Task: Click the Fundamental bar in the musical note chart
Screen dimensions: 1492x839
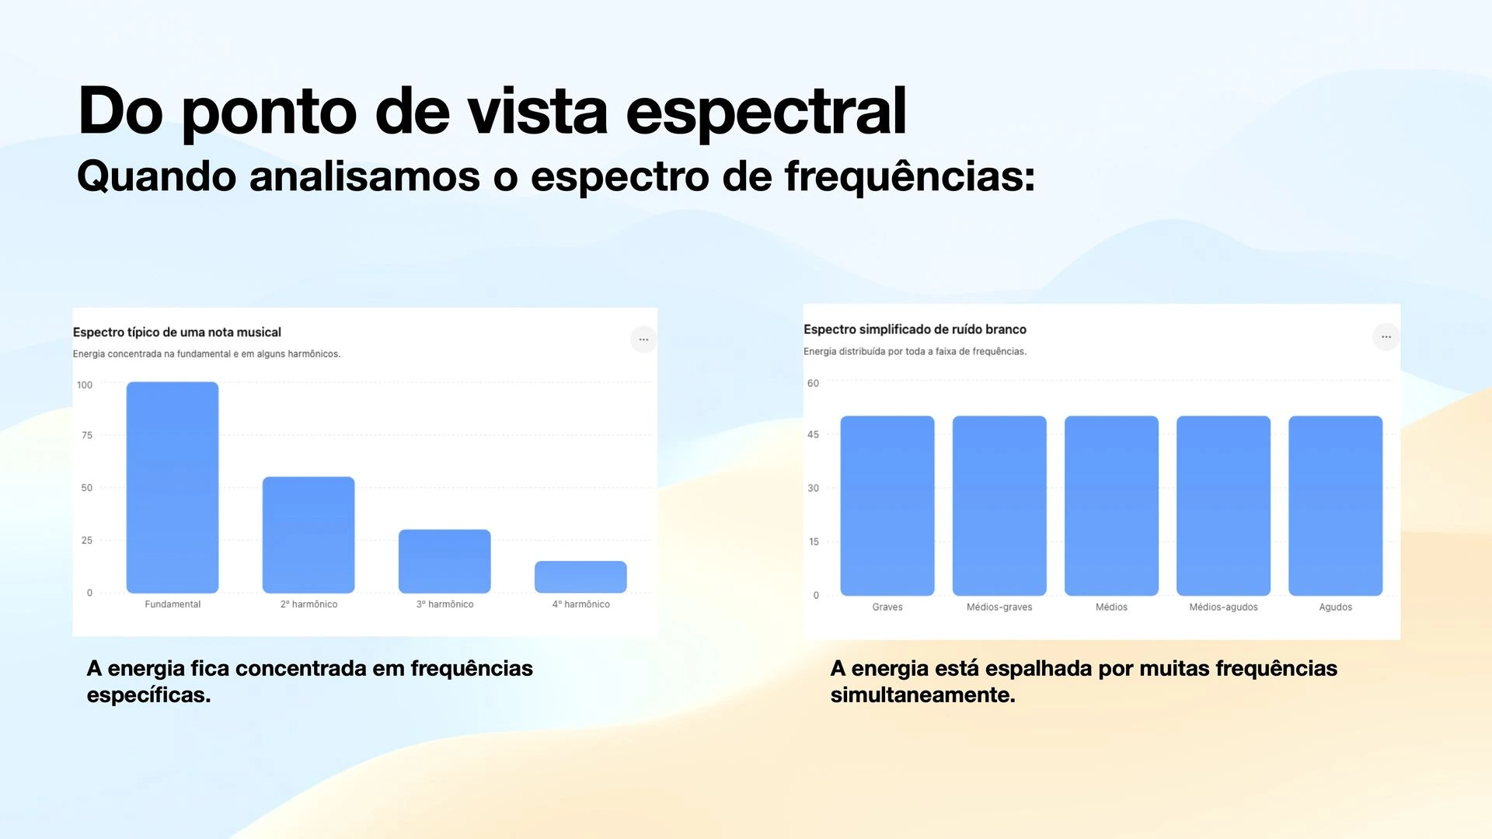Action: point(173,487)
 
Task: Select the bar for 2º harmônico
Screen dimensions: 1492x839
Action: point(309,535)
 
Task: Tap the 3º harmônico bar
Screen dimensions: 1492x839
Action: point(444,562)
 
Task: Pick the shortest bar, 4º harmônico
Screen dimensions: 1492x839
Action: point(580,577)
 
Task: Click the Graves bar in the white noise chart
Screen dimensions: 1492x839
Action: point(887,506)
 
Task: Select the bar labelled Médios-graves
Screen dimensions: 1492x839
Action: point(999,506)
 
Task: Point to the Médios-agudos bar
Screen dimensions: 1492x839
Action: point(1223,506)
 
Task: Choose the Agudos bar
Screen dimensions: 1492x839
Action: point(1336,506)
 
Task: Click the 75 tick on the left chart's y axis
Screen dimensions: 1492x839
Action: point(87,435)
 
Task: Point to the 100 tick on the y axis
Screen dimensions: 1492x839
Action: point(85,385)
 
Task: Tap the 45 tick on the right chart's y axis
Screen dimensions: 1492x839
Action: point(813,434)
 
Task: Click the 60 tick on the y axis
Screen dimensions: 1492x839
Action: point(813,383)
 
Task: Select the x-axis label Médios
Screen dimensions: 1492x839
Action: point(1111,607)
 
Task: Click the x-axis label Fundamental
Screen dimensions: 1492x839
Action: point(173,604)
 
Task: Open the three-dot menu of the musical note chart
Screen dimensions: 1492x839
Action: point(643,339)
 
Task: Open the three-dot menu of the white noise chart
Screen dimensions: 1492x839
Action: point(1386,336)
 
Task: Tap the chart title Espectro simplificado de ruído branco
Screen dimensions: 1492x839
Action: point(915,329)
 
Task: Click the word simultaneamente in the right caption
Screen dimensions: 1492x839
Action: point(922,695)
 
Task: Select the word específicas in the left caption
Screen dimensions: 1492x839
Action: point(148,695)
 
